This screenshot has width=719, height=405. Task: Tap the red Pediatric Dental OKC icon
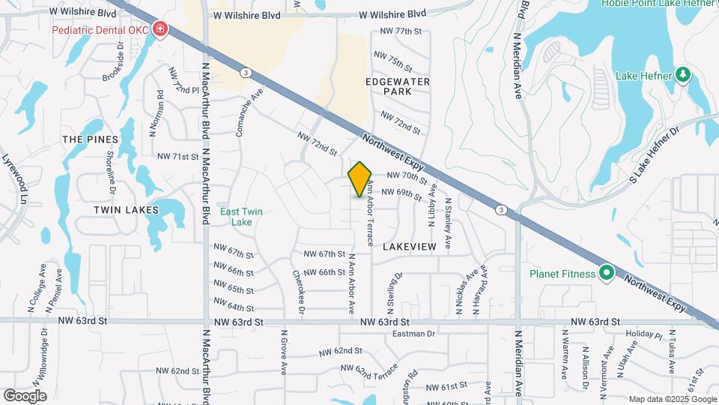[159, 30]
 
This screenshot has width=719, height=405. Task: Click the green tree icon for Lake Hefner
[682, 75]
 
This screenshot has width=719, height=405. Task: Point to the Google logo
[25, 396]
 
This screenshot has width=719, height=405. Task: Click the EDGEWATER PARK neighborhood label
[397, 85]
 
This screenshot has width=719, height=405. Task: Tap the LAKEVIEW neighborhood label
[409, 246]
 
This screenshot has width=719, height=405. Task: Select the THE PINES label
[91, 139]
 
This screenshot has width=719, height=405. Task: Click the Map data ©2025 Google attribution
[672, 398]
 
